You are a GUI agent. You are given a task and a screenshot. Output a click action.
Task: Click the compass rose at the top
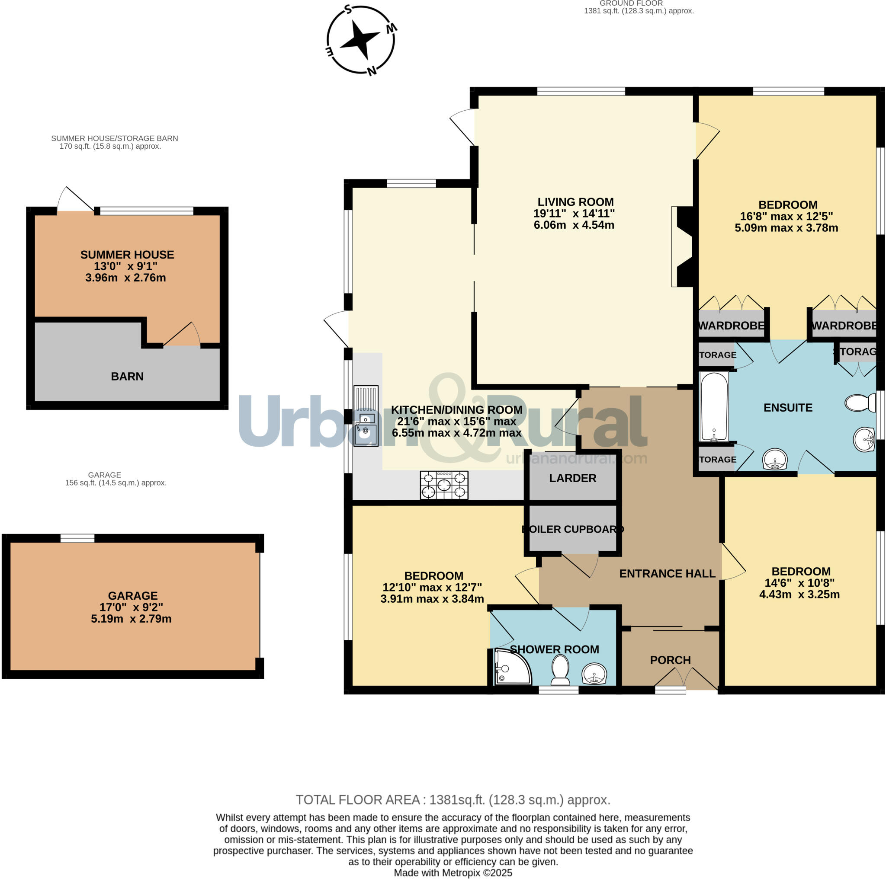(x=360, y=40)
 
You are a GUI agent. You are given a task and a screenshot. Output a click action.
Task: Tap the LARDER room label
(x=572, y=478)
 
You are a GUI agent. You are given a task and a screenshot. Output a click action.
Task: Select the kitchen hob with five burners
(x=444, y=485)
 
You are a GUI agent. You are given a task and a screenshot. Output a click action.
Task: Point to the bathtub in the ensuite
(x=713, y=406)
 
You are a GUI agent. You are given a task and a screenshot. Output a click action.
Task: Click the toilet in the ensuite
(x=860, y=403)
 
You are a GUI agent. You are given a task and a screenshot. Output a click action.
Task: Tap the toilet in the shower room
(x=560, y=670)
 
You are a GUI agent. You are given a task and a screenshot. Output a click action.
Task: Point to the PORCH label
(x=670, y=660)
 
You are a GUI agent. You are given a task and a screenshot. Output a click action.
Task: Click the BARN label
(x=127, y=376)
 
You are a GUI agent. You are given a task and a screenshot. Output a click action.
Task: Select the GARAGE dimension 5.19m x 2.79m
(x=131, y=619)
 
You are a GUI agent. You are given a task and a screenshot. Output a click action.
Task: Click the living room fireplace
(x=683, y=246)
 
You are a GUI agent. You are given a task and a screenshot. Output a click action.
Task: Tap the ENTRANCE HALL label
(x=667, y=573)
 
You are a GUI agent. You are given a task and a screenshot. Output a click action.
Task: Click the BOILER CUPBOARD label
(x=573, y=529)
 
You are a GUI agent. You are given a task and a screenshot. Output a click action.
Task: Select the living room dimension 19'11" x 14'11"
(x=574, y=213)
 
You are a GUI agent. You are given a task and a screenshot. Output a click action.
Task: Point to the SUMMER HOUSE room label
(x=127, y=254)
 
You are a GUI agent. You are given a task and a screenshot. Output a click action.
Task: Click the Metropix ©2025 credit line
(x=453, y=873)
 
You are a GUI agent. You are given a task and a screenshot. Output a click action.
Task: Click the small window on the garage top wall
(x=77, y=538)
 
